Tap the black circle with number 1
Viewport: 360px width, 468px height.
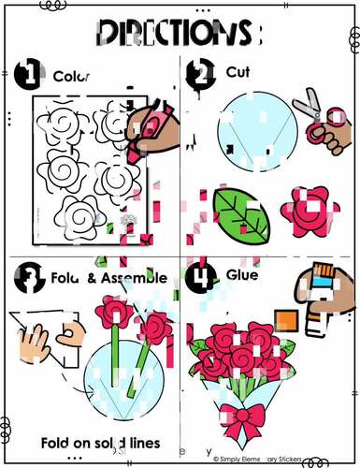pyautogui.click(x=28, y=74)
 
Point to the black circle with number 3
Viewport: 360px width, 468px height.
pyautogui.click(x=28, y=277)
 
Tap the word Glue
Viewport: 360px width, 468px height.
pyautogui.click(x=241, y=275)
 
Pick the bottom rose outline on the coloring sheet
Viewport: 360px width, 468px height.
pyautogui.click(x=81, y=212)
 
